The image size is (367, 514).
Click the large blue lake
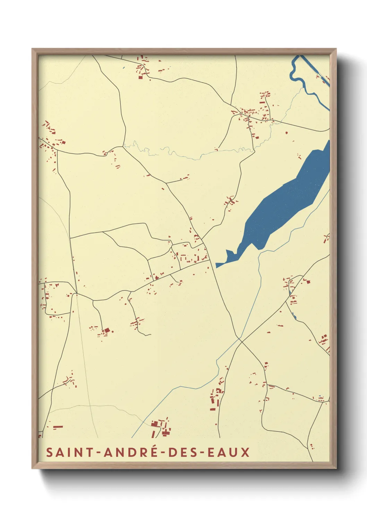coord(288,201)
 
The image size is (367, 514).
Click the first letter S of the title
coord(49,453)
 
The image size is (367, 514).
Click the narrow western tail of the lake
coord(224,262)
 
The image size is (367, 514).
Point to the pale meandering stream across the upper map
coord(180,155)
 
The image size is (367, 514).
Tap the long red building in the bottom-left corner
coord(58,426)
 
